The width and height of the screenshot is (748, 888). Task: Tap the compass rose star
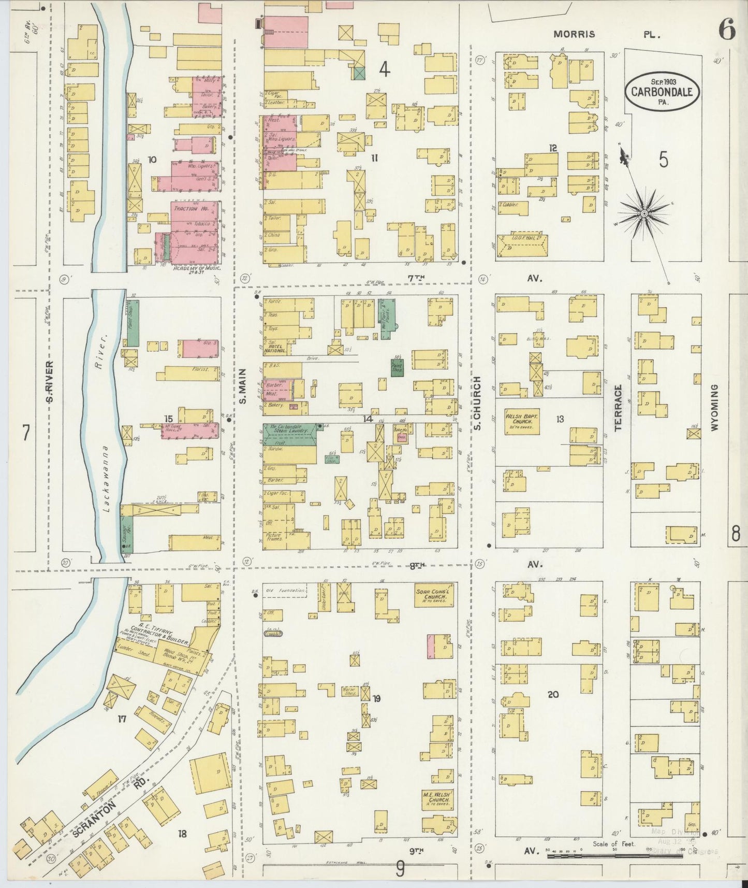[644, 213]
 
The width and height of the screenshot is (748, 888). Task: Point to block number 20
[553, 694]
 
